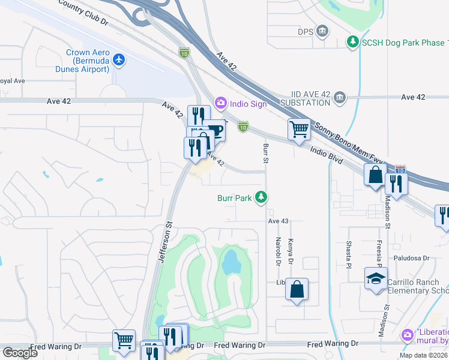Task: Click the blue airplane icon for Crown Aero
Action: [x=119, y=60]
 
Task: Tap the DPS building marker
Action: [x=322, y=31]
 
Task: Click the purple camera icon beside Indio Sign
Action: [x=220, y=103]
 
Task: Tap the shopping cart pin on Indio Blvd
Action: [x=299, y=129]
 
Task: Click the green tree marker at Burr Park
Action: [x=261, y=197]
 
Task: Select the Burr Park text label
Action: [x=234, y=197]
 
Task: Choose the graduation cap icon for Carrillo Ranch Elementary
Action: [x=376, y=279]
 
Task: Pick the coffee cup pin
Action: [x=214, y=130]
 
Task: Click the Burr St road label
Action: [x=265, y=153]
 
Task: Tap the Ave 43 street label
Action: [x=279, y=221]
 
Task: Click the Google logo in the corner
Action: [x=20, y=353]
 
